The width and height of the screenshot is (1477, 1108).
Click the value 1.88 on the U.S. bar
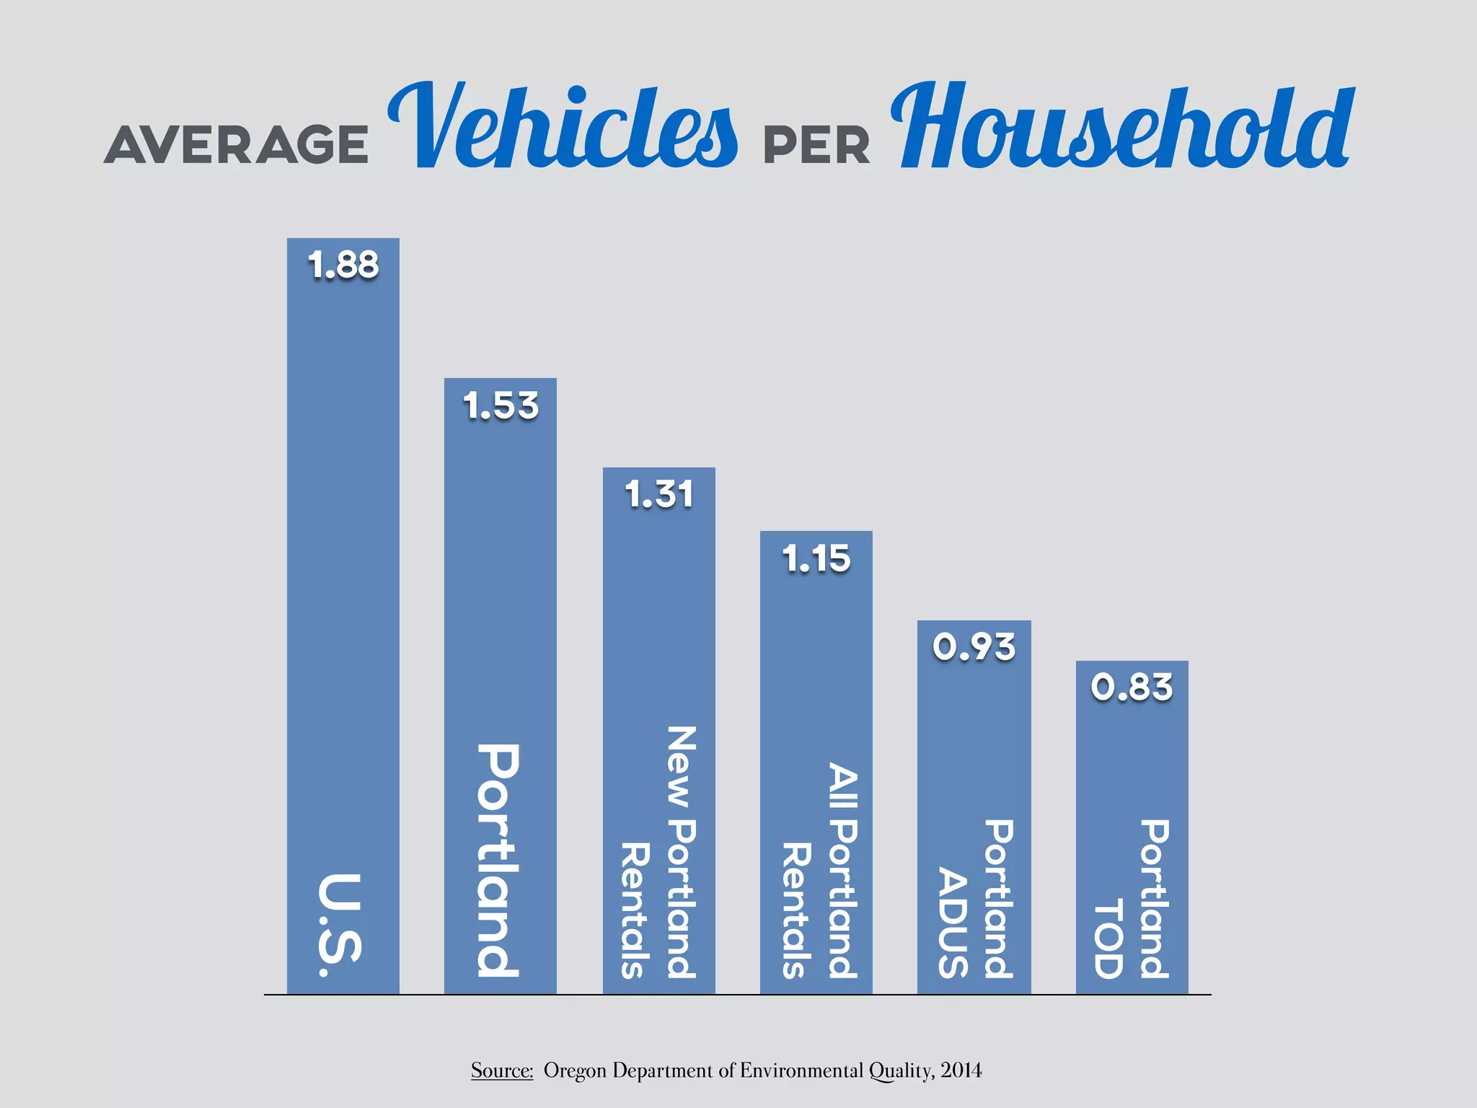tap(343, 265)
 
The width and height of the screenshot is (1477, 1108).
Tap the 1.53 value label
tap(501, 405)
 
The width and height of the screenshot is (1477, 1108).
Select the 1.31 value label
tap(659, 495)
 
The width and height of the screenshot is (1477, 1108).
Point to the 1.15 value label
tap(816, 559)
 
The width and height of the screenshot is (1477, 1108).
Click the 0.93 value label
tap(974, 647)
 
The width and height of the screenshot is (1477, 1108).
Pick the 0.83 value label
tap(1132, 687)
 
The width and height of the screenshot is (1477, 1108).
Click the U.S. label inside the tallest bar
tap(340, 925)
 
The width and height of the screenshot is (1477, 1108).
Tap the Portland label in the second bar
tap(499, 860)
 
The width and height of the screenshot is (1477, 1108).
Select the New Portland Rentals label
tap(658, 853)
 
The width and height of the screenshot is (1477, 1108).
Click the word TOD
tap(1109, 938)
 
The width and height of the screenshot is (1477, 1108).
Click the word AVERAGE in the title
tap(237, 144)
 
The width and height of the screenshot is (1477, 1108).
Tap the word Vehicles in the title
tap(563, 127)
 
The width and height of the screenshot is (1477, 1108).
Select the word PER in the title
tap(816, 146)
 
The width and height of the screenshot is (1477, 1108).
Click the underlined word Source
tap(501, 1070)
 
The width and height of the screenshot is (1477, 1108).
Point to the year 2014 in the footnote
tap(961, 1070)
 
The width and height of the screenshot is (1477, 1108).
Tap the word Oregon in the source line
tap(575, 1070)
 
